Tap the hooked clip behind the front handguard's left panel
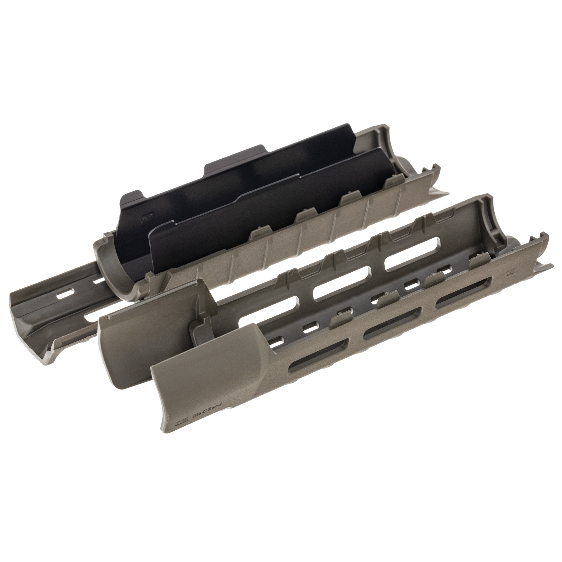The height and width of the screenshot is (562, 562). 201,329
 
